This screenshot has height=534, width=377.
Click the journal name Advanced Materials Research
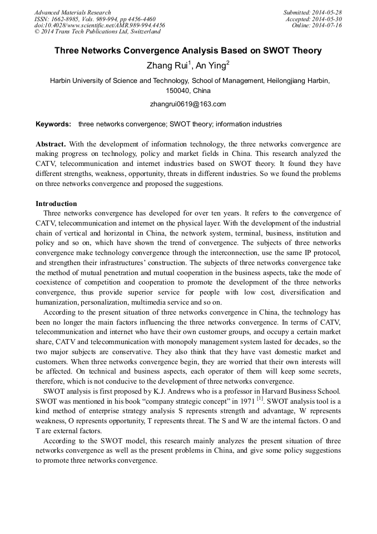coord(72,12)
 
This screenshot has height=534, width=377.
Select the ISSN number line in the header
coord(95,19)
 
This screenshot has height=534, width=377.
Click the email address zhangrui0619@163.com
coord(188,104)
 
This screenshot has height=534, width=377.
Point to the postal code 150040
coord(178,90)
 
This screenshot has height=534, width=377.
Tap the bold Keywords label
coord(53,124)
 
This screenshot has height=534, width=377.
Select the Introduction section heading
coord(56,203)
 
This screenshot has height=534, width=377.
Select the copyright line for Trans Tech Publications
coord(97,32)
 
